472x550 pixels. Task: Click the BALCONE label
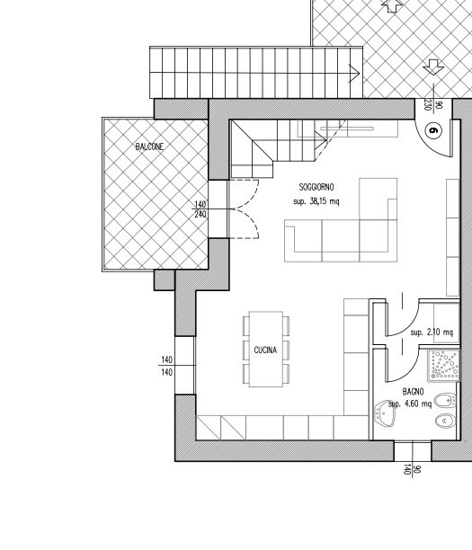149,146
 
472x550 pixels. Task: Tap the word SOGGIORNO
316,187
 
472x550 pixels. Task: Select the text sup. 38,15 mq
316,201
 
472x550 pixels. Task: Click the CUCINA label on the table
265,350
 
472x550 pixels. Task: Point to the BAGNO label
413,392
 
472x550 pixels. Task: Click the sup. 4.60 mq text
410,404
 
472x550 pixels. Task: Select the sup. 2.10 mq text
432,333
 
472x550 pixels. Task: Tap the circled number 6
433,130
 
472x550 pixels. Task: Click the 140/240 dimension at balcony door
200,209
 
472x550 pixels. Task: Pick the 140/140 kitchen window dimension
167,366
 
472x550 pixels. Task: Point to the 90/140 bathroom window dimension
412,469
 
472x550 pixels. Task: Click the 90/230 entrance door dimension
433,104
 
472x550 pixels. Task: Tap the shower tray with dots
443,366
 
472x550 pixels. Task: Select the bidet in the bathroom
445,400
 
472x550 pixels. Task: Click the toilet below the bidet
446,421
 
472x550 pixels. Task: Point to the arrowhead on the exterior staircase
354,74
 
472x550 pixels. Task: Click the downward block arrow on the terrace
433,67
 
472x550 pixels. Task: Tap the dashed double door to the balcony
245,209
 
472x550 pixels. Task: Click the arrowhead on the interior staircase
321,140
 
